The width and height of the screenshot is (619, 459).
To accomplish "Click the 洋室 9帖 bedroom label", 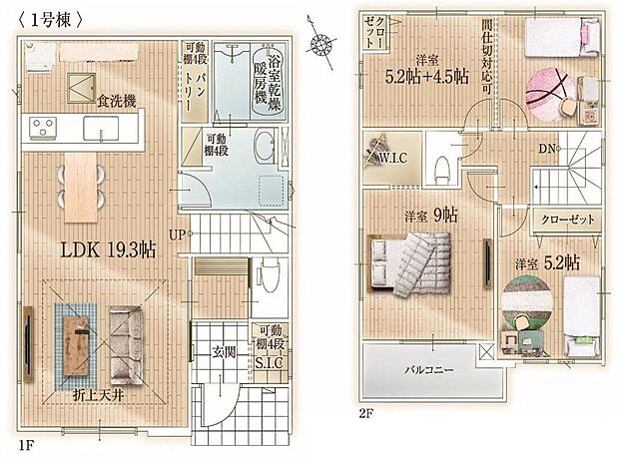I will (430, 215).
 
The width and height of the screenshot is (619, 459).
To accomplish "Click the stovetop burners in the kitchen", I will (43, 128).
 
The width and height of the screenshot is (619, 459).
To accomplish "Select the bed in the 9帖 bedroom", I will (409, 261).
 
